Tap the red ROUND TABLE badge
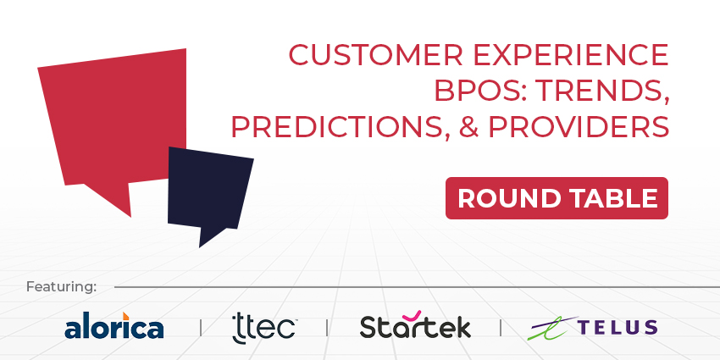click(557, 198)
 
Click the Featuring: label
click(61, 286)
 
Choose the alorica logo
click(114, 326)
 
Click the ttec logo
click(263, 326)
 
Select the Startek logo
click(415, 326)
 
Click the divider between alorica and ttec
click(200, 327)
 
